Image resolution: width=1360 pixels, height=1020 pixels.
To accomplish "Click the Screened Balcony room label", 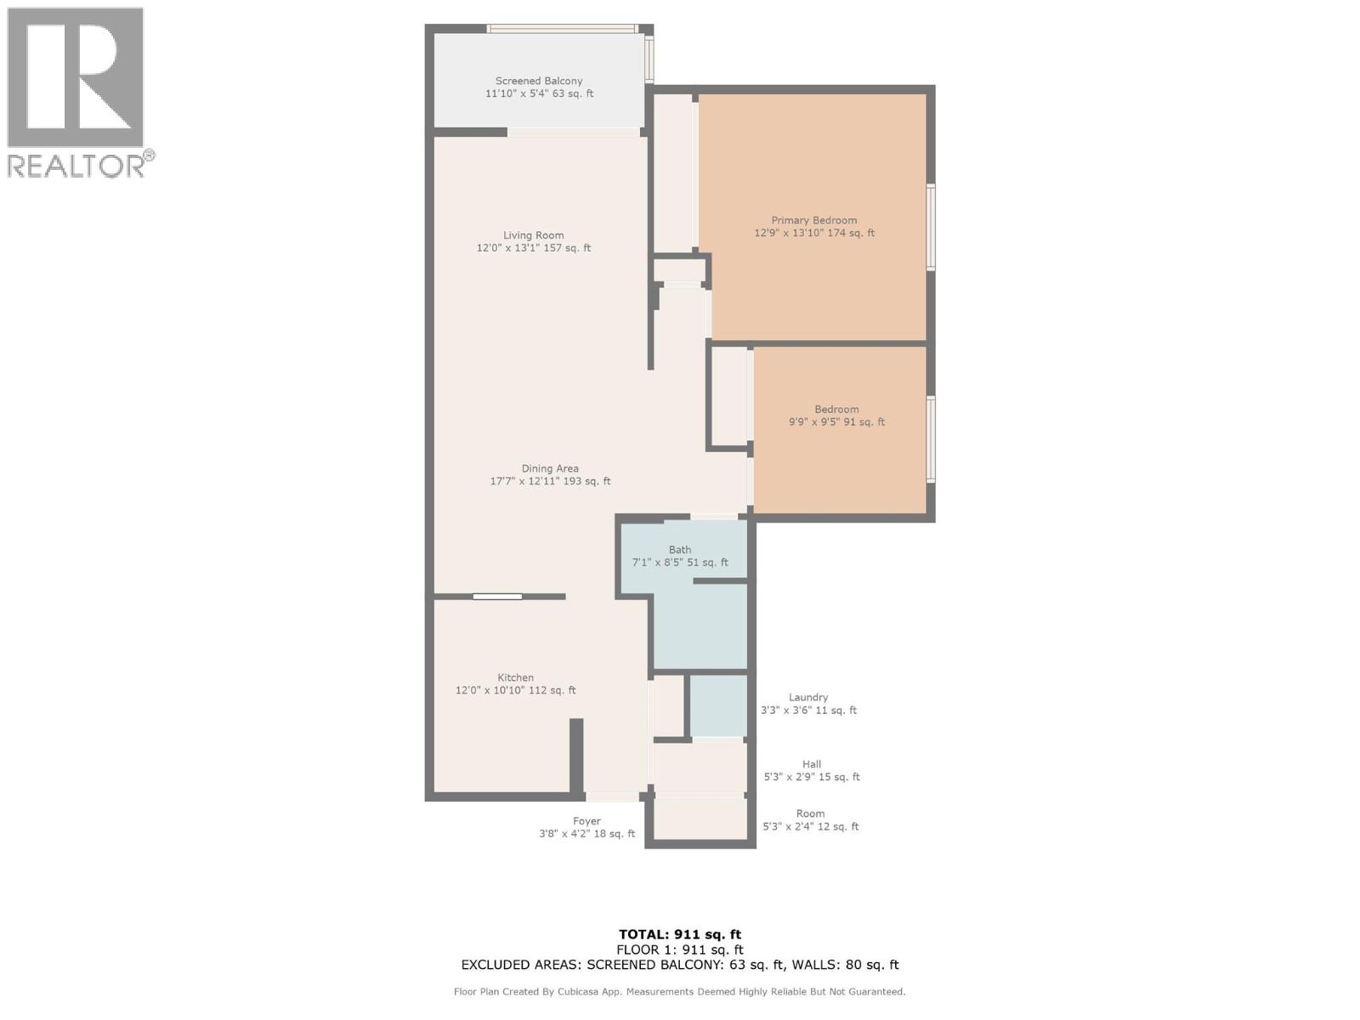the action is pos(538,81).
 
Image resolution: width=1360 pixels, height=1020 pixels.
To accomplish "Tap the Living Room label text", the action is pos(534,235).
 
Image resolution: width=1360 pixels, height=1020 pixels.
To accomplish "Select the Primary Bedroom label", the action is pos(814,220).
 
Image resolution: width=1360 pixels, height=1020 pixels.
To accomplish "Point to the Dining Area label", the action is pos(550,469).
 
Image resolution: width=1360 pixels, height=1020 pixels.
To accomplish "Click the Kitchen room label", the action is pos(515,677).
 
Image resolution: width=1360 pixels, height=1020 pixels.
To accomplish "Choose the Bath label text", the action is pos(680,550).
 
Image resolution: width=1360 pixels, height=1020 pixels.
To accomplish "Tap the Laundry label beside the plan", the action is pos(808,697).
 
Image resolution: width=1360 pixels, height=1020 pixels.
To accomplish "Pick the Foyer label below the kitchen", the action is pos(586,821).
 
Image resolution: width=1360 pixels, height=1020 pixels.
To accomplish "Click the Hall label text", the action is pos(812,764).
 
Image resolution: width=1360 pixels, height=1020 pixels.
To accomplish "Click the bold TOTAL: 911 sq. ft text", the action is pos(680,934).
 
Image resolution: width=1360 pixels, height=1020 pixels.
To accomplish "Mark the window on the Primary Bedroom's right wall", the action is pos(931,227).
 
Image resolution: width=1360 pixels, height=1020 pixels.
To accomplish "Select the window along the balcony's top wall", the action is pos(562,29).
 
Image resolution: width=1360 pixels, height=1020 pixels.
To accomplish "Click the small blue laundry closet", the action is pos(718,705).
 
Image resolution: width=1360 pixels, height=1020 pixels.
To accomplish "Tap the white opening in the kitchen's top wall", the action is pos(497,597).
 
